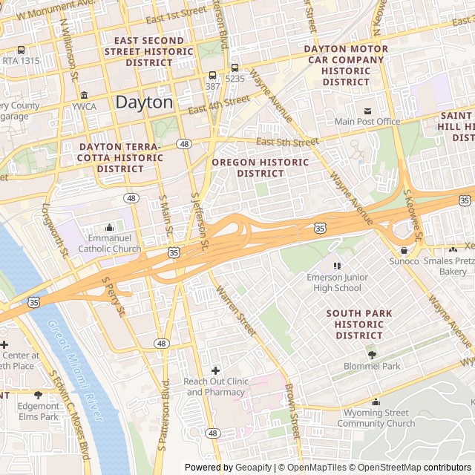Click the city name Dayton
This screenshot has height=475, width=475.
(144, 102)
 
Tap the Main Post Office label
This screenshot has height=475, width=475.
(367, 122)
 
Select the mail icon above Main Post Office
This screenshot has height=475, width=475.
(367, 111)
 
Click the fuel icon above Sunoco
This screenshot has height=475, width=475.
(404, 250)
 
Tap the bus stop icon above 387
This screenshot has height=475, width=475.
(213, 75)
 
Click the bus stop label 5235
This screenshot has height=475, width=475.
(235, 78)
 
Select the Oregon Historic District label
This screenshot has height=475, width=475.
(260, 168)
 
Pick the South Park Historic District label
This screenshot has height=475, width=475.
(358, 324)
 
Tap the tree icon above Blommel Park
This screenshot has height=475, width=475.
(372, 355)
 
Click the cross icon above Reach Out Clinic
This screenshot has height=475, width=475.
(215, 370)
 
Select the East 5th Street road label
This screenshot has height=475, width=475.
(287, 142)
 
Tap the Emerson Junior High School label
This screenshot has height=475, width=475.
(334, 283)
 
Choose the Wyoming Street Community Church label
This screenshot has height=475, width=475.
(376, 418)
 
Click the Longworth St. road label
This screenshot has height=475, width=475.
(55, 229)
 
